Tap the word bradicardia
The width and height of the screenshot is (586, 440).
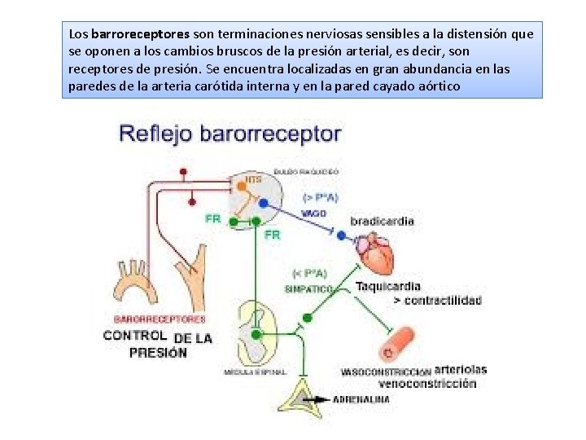tap(382, 222)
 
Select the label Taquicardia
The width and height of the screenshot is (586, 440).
tap(388, 286)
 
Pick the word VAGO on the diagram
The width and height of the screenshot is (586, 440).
tap(313, 213)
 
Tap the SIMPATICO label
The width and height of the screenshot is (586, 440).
tap(308, 289)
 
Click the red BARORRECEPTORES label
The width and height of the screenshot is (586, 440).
tap(160, 319)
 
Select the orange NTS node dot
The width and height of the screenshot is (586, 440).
tap(240, 186)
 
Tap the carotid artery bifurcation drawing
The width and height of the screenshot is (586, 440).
tap(192, 281)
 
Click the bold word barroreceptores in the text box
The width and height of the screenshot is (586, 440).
tap(141, 35)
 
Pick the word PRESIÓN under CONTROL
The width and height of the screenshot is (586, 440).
tap(158, 353)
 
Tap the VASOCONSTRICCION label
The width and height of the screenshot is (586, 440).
tap(386, 372)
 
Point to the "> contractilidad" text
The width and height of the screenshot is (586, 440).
tap(437, 301)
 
